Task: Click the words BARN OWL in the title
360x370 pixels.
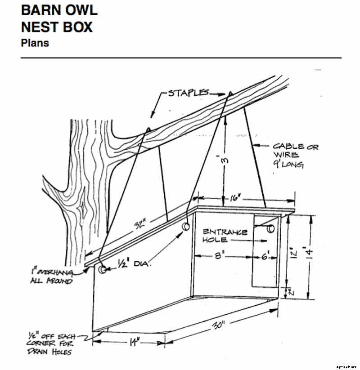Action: tap(58, 10)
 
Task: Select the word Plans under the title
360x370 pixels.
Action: tap(35, 44)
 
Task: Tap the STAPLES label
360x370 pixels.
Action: tap(188, 93)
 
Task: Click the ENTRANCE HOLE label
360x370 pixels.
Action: tap(225, 236)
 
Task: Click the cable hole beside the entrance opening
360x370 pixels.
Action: tap(271, 229)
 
